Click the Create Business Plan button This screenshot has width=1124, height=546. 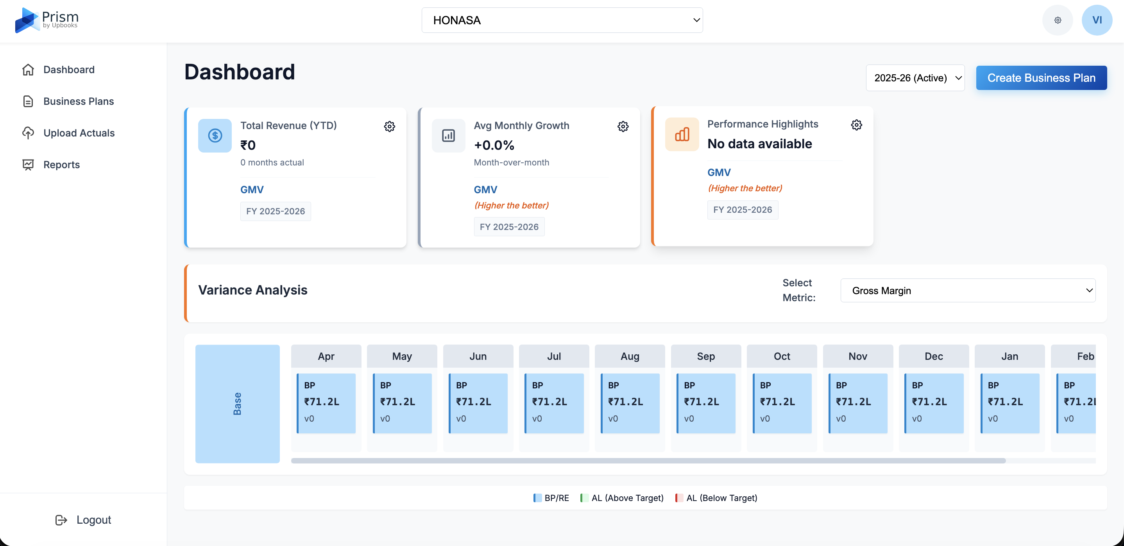1041,78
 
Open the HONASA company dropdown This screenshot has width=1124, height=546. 562,20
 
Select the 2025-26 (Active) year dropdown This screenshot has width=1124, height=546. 915,78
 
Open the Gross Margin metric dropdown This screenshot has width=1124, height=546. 967,291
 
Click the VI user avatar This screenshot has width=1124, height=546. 1097,20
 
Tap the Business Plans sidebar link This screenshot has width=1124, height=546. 79,101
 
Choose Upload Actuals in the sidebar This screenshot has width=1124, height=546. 79,133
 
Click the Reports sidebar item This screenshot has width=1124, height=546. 61,165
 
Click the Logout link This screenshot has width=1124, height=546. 93,520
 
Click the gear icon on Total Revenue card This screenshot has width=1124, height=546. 389,126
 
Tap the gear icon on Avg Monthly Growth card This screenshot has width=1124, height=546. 623,126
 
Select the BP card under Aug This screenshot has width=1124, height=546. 630,403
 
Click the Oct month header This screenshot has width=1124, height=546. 782,356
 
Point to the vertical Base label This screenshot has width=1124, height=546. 237,404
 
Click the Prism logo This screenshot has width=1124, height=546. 47,20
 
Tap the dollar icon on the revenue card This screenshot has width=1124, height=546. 215,135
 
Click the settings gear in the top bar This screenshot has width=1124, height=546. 1057,20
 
